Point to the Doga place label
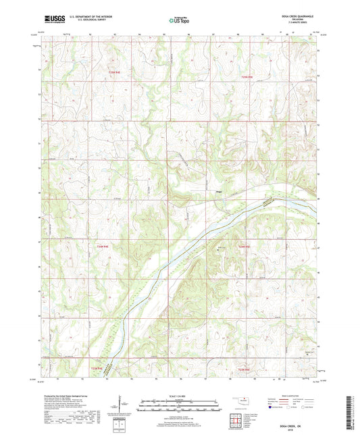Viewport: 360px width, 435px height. pyautogui.click(x=220, y=191)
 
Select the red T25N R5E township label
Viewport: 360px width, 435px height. pyautogui.click(x=247, y=78)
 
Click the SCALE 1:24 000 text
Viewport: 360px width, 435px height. pyautogui.click(x=179, y=395)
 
